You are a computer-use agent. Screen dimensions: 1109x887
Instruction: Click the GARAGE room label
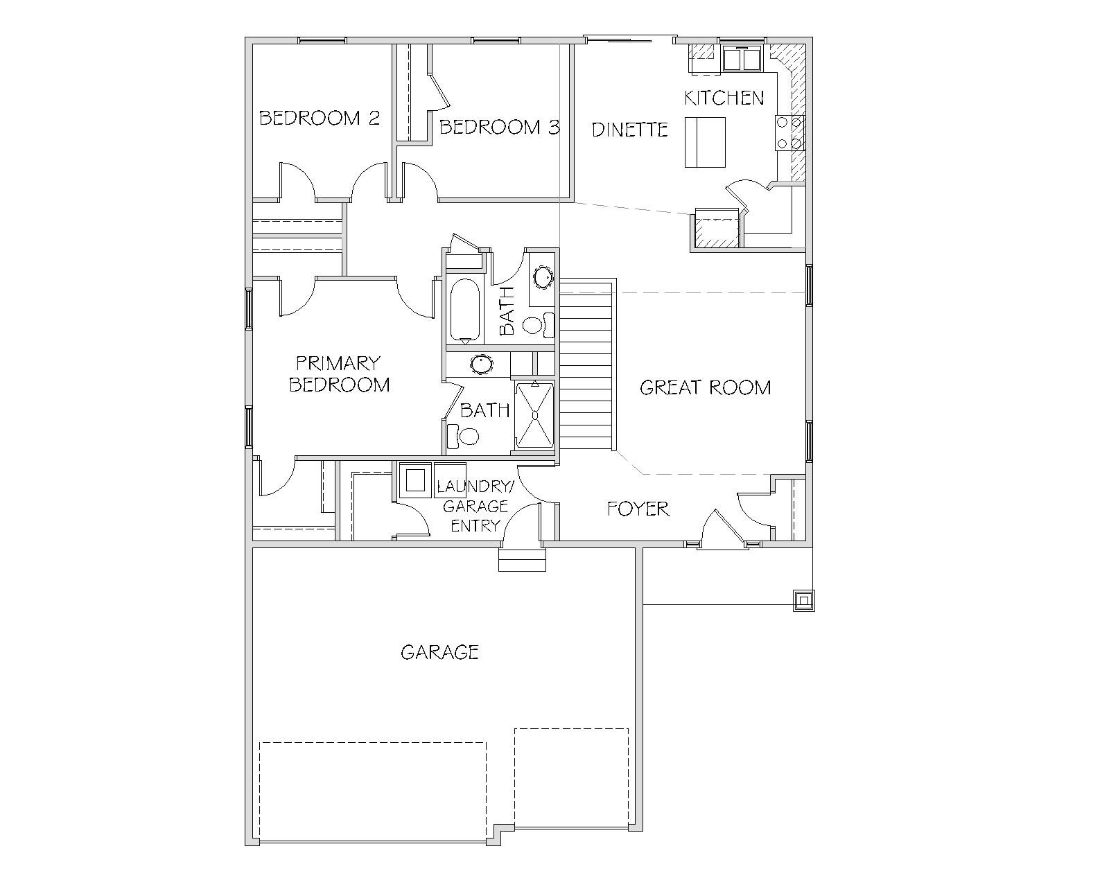pyautogui.click(x=439, y=652)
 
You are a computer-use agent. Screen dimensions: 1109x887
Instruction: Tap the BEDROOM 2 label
pyautogui.click(x=319, y=118)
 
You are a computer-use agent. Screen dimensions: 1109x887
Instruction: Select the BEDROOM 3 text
pyautogui.click(x=499, y=127)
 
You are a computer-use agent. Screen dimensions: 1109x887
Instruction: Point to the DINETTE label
pyautogui.click(x=629, y=130)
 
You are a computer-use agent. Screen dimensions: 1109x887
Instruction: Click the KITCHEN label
pyautogui.click(x=724, y=98)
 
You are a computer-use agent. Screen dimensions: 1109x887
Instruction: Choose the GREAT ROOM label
pyautogui.click(x=705, y=387)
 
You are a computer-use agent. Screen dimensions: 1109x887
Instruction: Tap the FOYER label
pyautogui.click(x=638, y=509)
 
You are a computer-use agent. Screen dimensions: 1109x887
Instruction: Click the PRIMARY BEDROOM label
pyautogui.click(x=339, y=374)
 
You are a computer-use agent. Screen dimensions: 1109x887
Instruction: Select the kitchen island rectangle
pyautogui.click(x=705, y=142)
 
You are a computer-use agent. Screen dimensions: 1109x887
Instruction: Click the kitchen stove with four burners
pyautogui.click(x=789, y=132)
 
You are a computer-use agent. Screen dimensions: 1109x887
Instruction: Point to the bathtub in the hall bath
pyautogui.click(x=465, y=310)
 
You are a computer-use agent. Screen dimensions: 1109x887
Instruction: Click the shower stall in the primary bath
pyautogui.click(x=535, y=415)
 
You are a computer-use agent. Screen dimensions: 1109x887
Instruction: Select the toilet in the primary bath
pyautogui.click(x=463, y=437)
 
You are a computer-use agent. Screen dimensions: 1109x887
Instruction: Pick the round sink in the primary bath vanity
pyautogui.click(x=481, y=365)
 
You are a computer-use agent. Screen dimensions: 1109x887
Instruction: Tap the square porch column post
pyautogui.click(x=803, y=600)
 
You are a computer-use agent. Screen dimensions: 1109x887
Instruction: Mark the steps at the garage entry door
pyautogui.click(x=522, y=560)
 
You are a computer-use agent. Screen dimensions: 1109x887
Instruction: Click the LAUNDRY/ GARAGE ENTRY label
pyautogui.click(x=473, y=506)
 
